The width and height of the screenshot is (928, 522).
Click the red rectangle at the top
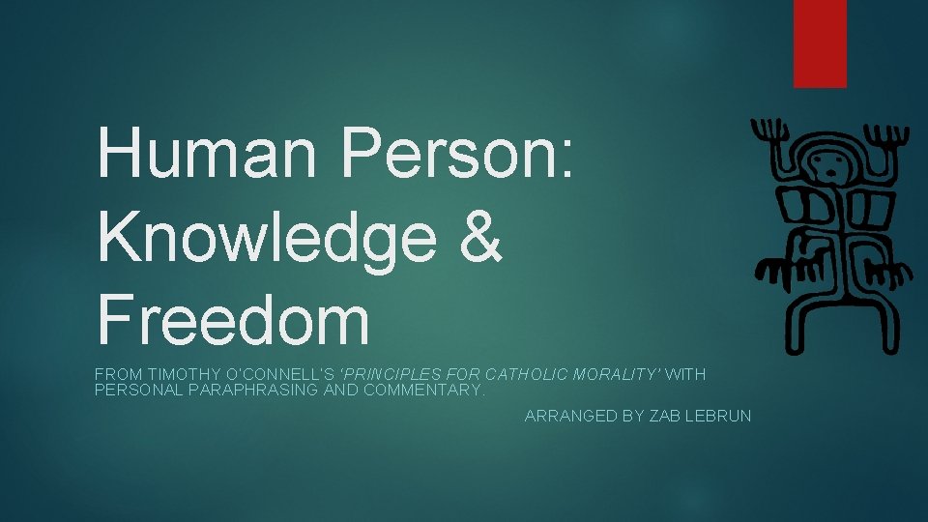click(820, 43)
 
